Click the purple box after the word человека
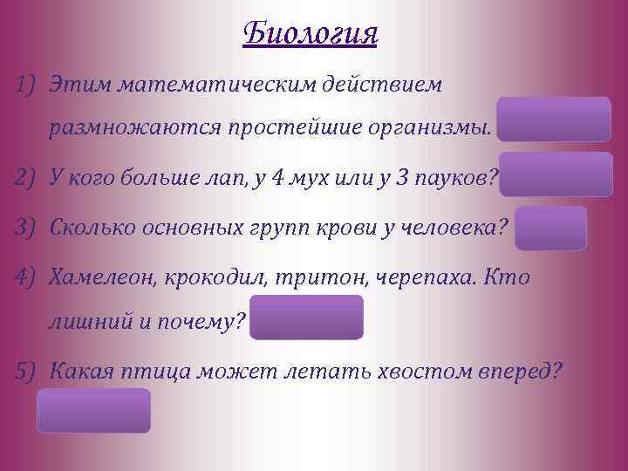point(550,229)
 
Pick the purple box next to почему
point(307,317)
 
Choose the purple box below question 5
point(93,411)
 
